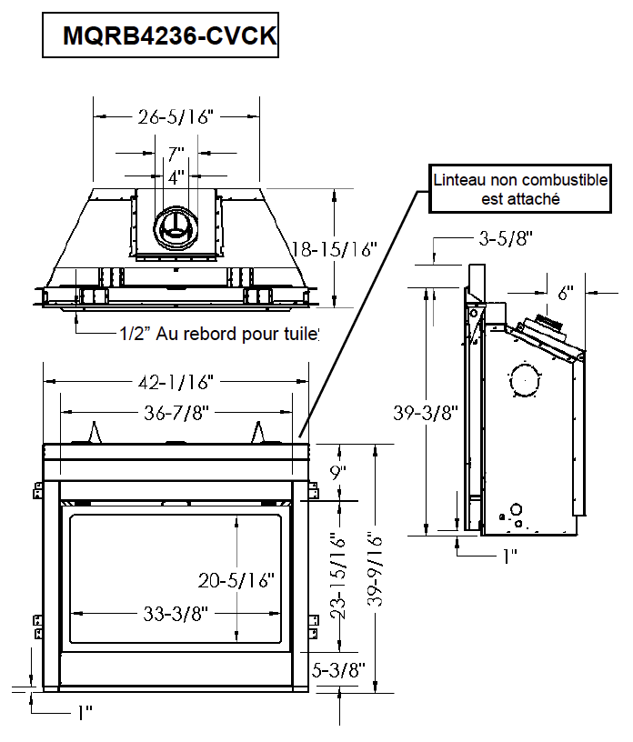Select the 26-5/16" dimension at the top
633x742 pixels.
click(x=176, y=116)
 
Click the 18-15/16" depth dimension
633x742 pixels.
click(x=333, y=249)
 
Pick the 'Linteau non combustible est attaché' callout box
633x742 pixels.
click(x=519, y=189)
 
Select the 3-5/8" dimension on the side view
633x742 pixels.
click(x=505, y=239)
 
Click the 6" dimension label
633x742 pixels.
click(x=566, y=293)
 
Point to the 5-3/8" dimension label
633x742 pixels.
click(x=338, y=670)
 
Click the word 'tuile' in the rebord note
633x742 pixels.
click(x=301, y=334)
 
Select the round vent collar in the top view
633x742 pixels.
click(x=175, y=226)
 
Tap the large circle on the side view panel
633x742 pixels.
click(x=524, y=379)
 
